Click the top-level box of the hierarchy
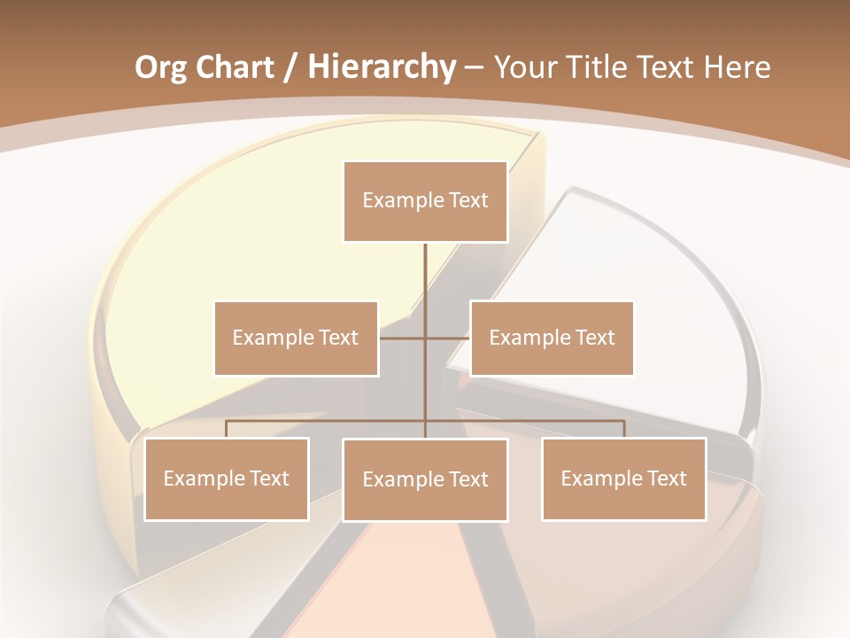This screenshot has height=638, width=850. pos(425,201)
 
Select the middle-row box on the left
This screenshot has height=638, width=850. pos(296,338)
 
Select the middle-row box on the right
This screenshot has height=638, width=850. pos(552,338)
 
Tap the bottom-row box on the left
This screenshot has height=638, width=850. pos(226,478)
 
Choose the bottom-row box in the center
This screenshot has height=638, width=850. pos(425,479)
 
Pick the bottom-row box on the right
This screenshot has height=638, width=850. pos(623,478)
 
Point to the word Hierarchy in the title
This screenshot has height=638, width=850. pos(381,67)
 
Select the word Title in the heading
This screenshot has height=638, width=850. pos(603,67)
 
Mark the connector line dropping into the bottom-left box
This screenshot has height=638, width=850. pos(226,429)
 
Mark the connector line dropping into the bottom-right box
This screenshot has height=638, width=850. pos(624,429)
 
